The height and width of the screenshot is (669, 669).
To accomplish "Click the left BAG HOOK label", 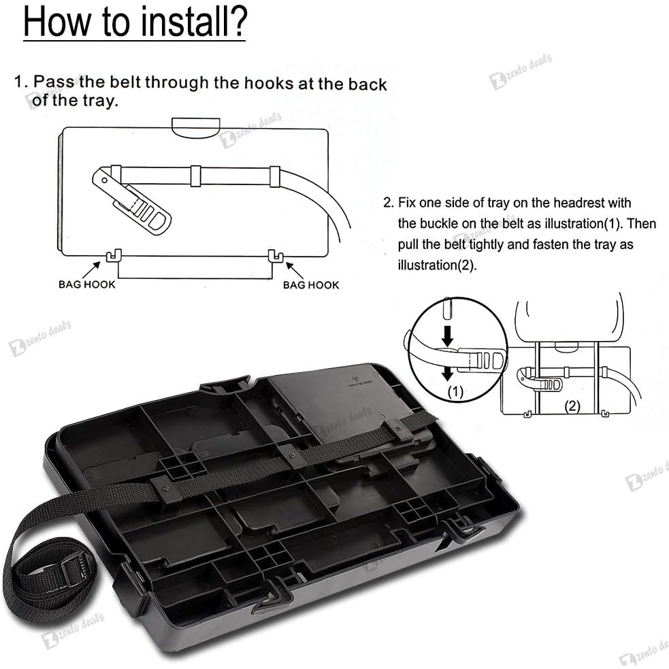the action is (x=87, y=284).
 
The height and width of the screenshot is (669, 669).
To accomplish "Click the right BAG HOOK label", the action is (x=311, y=285).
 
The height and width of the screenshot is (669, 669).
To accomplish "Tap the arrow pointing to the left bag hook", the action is (x=91, y=270).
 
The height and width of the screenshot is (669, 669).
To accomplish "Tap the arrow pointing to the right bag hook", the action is (x=295, y=270).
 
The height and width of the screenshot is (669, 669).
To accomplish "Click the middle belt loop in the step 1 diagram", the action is (x=195, y=176).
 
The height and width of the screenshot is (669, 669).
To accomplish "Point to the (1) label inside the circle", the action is (x=455, y=392).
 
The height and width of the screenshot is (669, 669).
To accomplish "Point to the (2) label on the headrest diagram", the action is (x=572, y=406).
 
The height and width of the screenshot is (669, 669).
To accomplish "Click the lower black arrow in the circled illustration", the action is (x=447, y=372).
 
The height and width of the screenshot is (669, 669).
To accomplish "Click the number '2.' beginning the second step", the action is (x=388, y=203).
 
